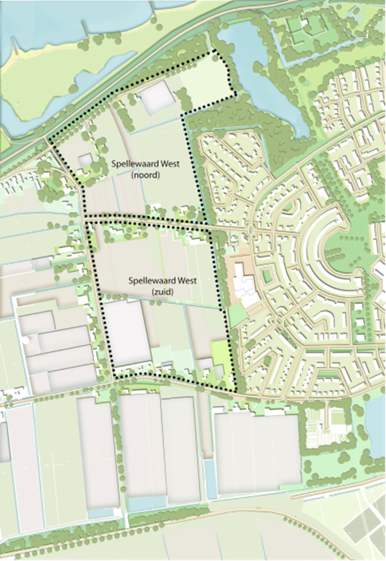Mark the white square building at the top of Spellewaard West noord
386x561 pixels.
point(155,98)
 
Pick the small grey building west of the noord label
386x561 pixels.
point(84,160)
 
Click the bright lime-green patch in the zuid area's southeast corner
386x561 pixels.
point(218,351)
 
